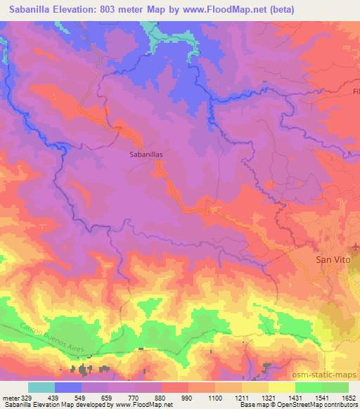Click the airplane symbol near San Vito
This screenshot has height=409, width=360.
[356, 247]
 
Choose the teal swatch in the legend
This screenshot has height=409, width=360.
[41, 387]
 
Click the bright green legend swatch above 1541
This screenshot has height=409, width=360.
[309, 387]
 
